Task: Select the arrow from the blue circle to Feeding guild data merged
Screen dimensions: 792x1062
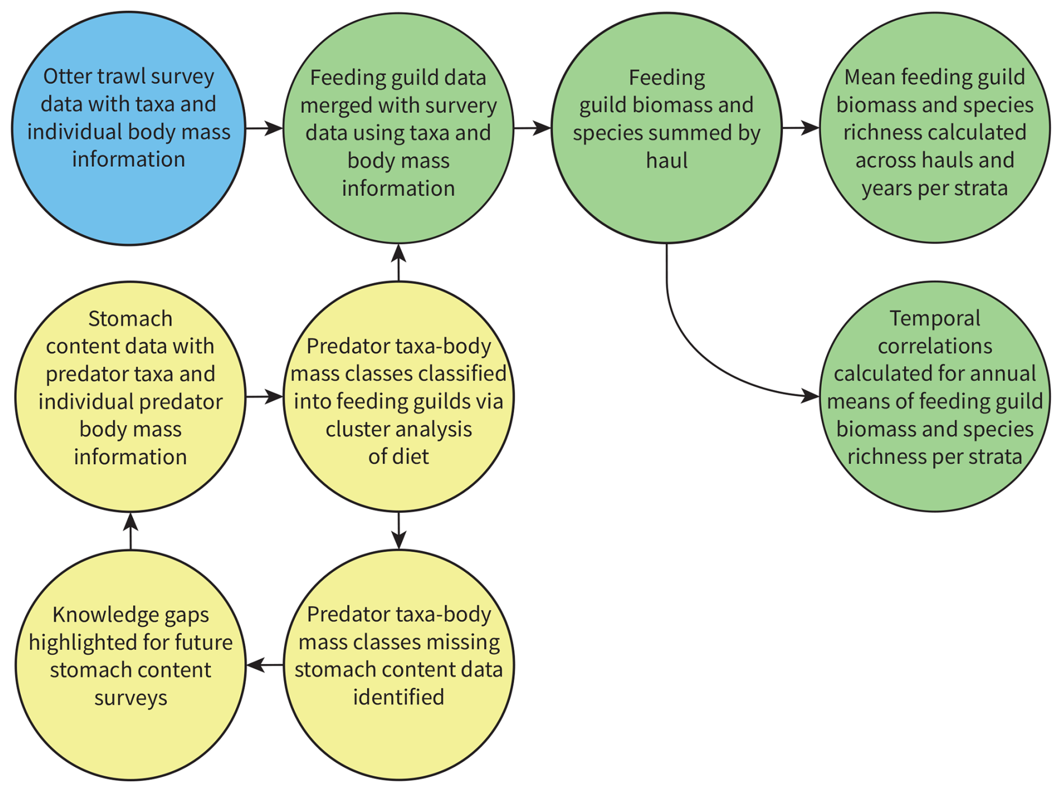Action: [x=264, y=129]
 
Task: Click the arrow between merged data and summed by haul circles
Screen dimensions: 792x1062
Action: [x=532, y=129]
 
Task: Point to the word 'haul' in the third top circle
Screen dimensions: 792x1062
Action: [x=666, y=161]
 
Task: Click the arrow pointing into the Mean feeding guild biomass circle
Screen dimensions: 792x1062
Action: [x=800, y=129]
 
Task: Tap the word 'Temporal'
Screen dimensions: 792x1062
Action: [x=935, y=318]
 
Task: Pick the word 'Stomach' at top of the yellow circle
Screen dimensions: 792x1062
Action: [x=130, y=318]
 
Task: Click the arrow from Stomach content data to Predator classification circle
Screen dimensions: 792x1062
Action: [x=264, y=397]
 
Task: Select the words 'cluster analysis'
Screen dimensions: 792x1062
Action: [x=399, y=429]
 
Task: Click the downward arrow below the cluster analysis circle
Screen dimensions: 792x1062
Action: [x=399, y=531]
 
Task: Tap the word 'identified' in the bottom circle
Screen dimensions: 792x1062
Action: [x=399, y=697]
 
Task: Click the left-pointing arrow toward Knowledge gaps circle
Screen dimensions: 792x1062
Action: [x=265, y=665]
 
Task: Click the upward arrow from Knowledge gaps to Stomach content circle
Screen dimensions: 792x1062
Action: [x=130, y=531]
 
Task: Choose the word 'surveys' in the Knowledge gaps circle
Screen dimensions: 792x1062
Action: [x=130, y=698]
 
